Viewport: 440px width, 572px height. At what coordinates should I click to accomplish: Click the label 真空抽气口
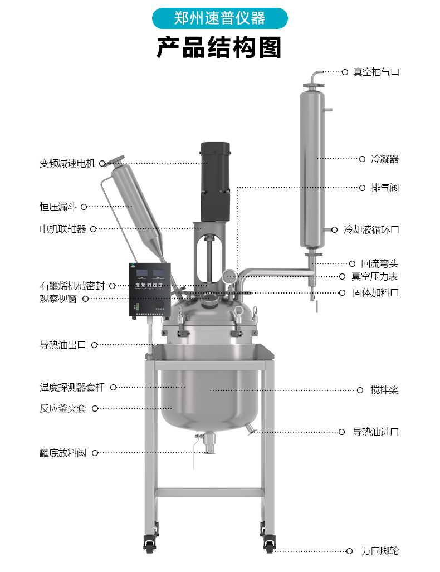376,72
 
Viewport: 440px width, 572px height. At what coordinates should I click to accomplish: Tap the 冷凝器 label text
385,159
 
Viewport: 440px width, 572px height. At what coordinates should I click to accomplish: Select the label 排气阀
385,188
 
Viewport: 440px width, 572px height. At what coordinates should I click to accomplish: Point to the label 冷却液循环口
371,229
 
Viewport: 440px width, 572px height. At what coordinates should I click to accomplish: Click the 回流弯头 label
380,263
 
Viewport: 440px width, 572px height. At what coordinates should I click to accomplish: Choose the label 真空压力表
375,276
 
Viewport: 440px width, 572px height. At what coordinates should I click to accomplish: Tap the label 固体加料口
375,292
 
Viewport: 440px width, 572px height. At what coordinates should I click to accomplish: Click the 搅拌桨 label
384,390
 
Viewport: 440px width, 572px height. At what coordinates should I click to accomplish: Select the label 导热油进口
375,432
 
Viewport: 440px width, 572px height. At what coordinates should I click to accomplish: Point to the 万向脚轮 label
380,551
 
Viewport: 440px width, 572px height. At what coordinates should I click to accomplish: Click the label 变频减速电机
67,163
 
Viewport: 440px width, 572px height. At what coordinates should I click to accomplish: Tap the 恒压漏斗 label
58,207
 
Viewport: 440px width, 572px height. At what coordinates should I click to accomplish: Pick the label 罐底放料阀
63,453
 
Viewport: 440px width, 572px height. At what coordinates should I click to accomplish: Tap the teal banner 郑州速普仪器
219,18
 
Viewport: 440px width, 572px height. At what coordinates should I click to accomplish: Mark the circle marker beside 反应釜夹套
95,408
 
